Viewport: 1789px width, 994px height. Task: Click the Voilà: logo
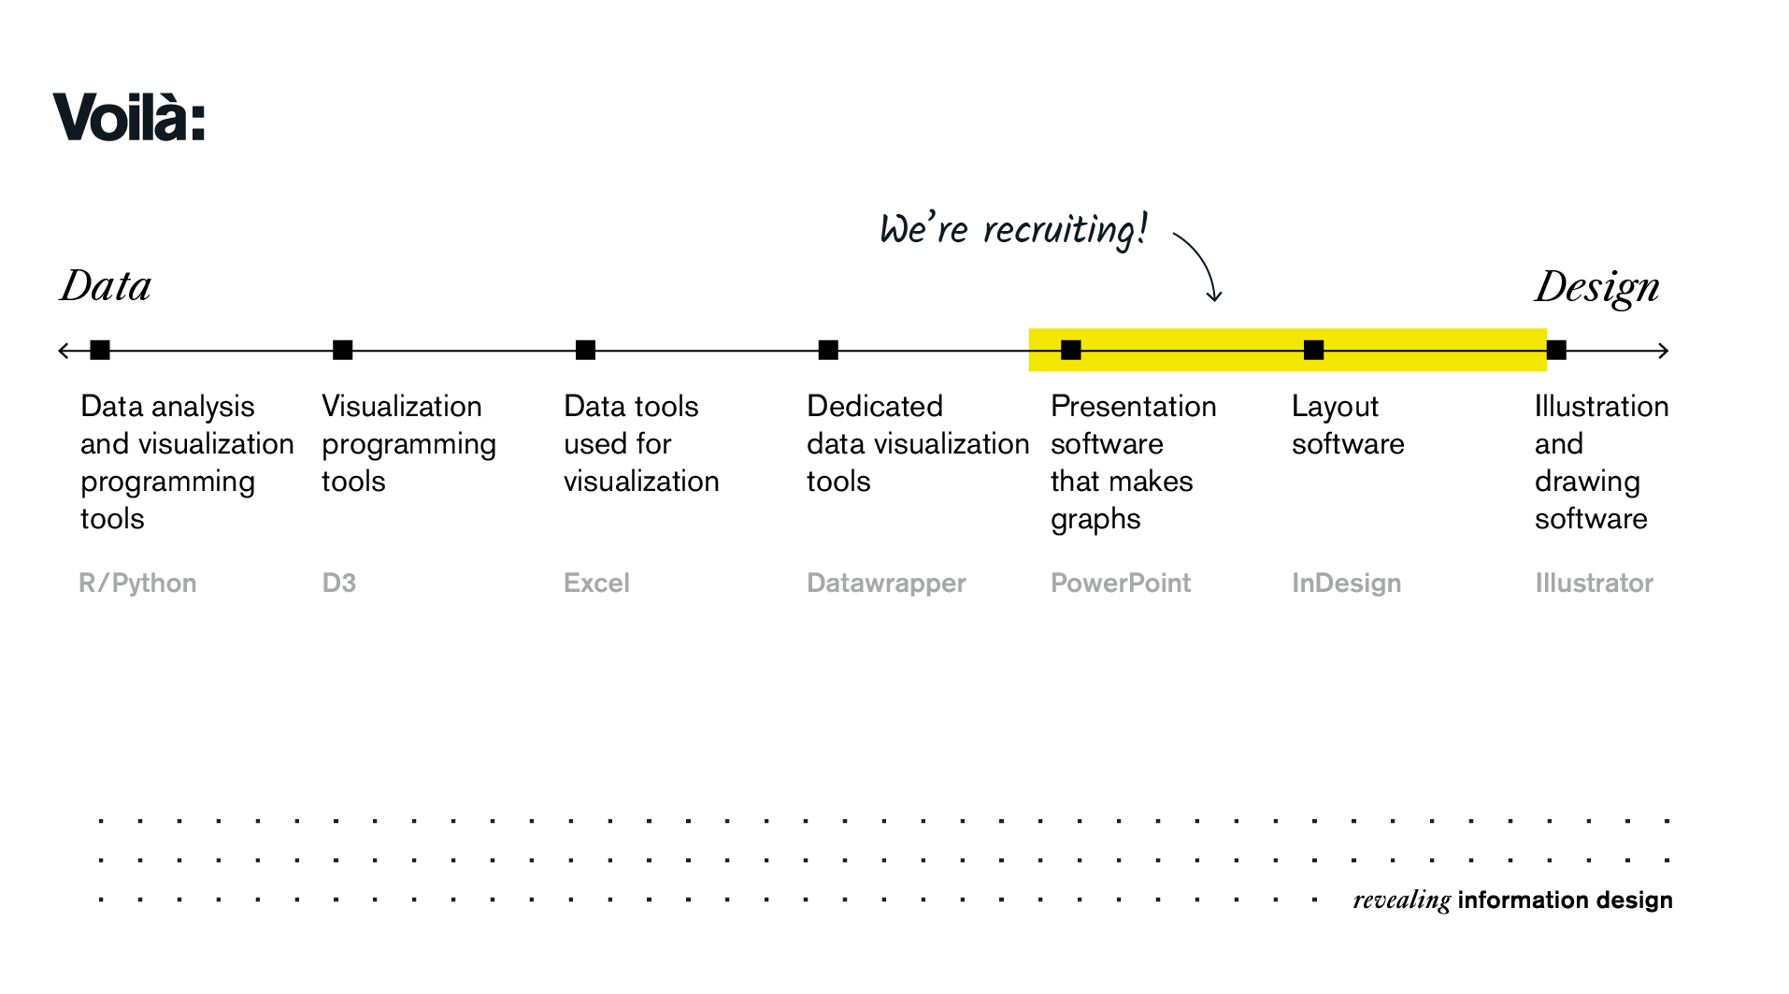[129, 117]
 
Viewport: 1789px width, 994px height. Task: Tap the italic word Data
[106, 286]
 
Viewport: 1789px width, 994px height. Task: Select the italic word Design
[1597, 288]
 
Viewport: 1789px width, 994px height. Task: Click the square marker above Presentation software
[1071, 350]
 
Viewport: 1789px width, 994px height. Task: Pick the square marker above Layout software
[1313, 350]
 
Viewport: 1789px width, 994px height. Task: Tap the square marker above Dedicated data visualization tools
[828, 350]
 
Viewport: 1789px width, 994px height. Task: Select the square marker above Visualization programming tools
[343, 350]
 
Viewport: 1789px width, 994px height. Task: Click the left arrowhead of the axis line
[63, 351]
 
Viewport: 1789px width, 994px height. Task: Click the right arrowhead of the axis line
[1664, 351]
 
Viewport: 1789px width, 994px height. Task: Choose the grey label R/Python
[137, 583]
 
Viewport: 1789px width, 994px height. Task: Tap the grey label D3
[339, 583]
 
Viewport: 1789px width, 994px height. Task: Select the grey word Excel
[596, 583]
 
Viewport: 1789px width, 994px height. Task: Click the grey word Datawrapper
[886, 583]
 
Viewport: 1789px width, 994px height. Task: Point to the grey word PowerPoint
[1121, 583]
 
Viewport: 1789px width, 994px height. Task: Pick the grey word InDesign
[1346, 583]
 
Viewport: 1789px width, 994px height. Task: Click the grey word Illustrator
[1594, 583]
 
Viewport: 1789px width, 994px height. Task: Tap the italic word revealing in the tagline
[1401, 900]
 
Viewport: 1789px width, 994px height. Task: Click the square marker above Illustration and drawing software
[1556, 350]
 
